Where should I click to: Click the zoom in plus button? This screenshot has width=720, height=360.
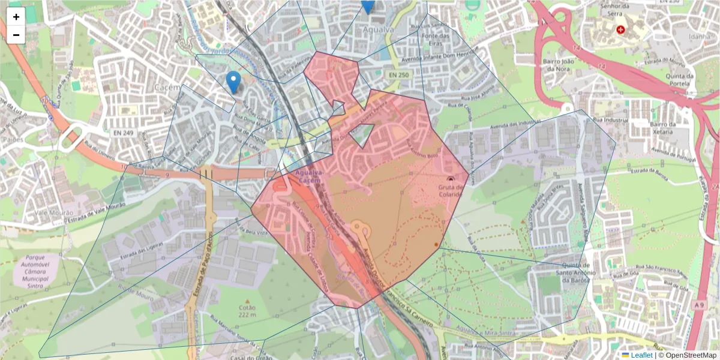[16, 17]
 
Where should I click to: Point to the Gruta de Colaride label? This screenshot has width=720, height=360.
[451, 190]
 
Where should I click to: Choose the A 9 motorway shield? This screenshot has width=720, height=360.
[698, 305]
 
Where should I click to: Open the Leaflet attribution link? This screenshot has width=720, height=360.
[641, 355]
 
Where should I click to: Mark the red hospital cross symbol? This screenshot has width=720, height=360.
[620, 29]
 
